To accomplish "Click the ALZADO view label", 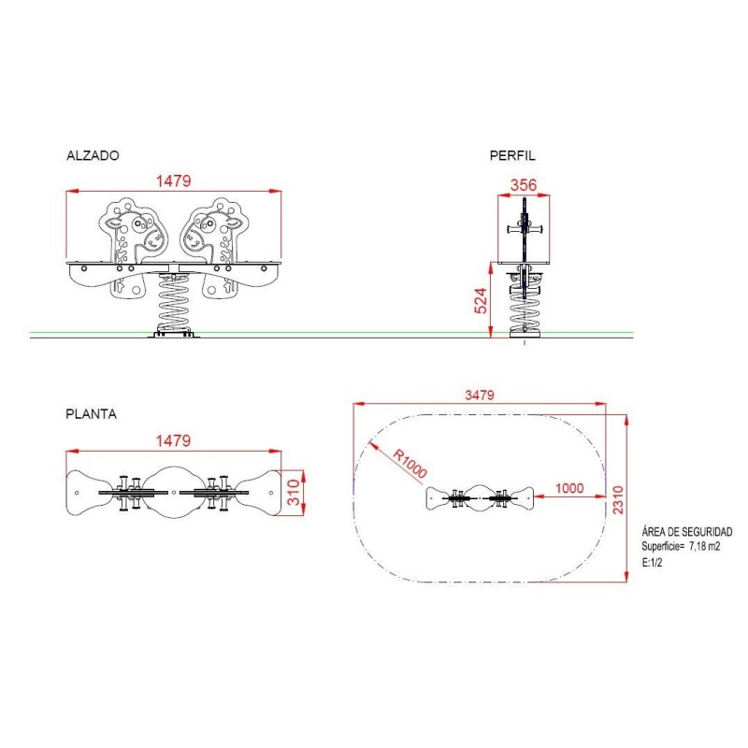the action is (93, 155).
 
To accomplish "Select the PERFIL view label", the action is (512, 155).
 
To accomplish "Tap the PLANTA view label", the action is (91, 413).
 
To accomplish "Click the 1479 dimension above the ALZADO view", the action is (174, 180).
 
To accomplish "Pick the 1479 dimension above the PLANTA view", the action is (174, 440).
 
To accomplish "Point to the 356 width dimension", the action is (524, 185).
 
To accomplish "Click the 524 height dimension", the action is (481, 300).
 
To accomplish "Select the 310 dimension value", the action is (294, 493).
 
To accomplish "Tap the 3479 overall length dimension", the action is (480, 395).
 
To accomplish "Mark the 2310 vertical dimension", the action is (618, 499).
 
